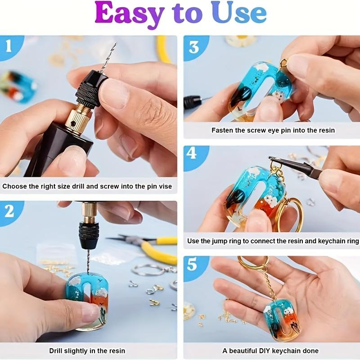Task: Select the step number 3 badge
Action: pos(194,46)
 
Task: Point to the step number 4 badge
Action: pos(192,153)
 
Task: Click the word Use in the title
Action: pos(240,14)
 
